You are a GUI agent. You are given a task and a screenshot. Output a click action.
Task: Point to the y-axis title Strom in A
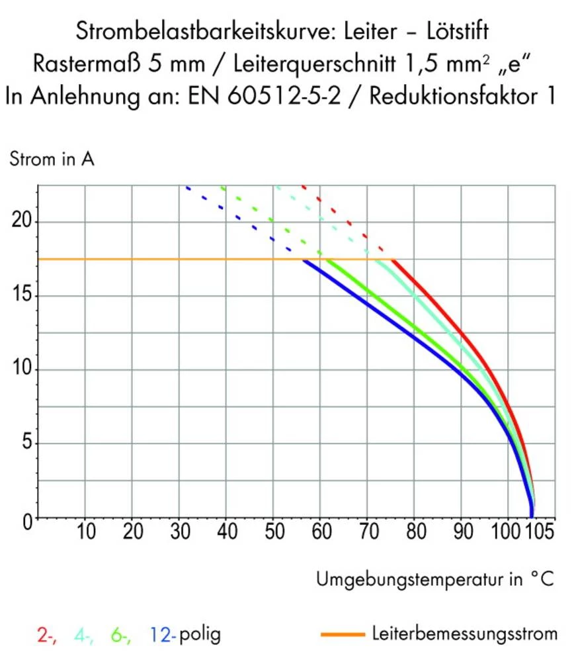(x=52, y=160)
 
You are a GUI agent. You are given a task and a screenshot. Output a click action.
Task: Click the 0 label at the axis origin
(x=27, y=521)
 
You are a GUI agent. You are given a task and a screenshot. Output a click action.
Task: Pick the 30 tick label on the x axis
(x=179, y=532)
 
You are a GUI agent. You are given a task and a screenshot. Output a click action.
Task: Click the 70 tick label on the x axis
(x=367, y=532)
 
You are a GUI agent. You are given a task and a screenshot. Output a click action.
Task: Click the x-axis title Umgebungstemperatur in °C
(x=434, y=581)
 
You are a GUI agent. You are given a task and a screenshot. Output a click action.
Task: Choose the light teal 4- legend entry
(x=84, y=636)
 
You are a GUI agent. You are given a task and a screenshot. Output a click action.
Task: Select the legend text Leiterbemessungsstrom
(x=464, y=634)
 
